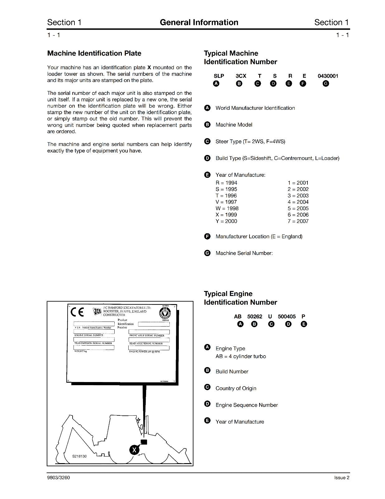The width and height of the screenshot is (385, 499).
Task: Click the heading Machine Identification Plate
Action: (94, 53)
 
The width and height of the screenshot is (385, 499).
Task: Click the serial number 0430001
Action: (328, 76)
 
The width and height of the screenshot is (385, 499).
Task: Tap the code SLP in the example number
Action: (219, 76)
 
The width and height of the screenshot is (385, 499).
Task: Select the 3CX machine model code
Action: (241, 76)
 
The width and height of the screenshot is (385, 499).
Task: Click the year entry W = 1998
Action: (227, 208)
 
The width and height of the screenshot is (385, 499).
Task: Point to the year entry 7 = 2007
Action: (298, 221)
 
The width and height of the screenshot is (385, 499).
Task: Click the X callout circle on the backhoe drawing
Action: (134, 450)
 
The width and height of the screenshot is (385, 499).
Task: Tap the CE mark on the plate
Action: (77, 312)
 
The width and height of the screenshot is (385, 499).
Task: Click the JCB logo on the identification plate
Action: (97, 311)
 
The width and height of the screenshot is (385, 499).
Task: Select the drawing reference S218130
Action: (79, 456)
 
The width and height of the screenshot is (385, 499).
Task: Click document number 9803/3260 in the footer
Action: (59, 477)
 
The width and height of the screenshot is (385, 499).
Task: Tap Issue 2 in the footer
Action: (342, 477)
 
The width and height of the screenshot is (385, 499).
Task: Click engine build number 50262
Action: (254, 316)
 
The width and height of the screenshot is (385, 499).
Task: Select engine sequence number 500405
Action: (287, 316)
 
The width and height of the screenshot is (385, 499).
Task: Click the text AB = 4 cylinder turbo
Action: (240, 356)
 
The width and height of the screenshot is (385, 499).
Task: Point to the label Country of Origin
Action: (236, 388)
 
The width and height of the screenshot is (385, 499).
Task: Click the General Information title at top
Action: (199, 22)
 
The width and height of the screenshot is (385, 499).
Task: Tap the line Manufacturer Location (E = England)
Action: (259, 236)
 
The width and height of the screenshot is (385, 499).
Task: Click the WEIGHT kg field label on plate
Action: (80, 351)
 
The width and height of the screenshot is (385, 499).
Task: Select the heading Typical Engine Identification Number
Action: (240, 298)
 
